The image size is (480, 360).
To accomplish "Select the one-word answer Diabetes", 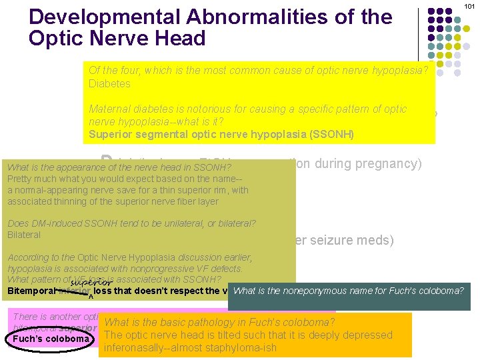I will (109, 84).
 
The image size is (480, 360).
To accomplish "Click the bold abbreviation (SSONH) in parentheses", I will (331, 134).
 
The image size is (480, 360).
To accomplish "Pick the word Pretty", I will (20, 179).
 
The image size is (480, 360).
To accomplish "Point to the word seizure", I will (334, 241).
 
